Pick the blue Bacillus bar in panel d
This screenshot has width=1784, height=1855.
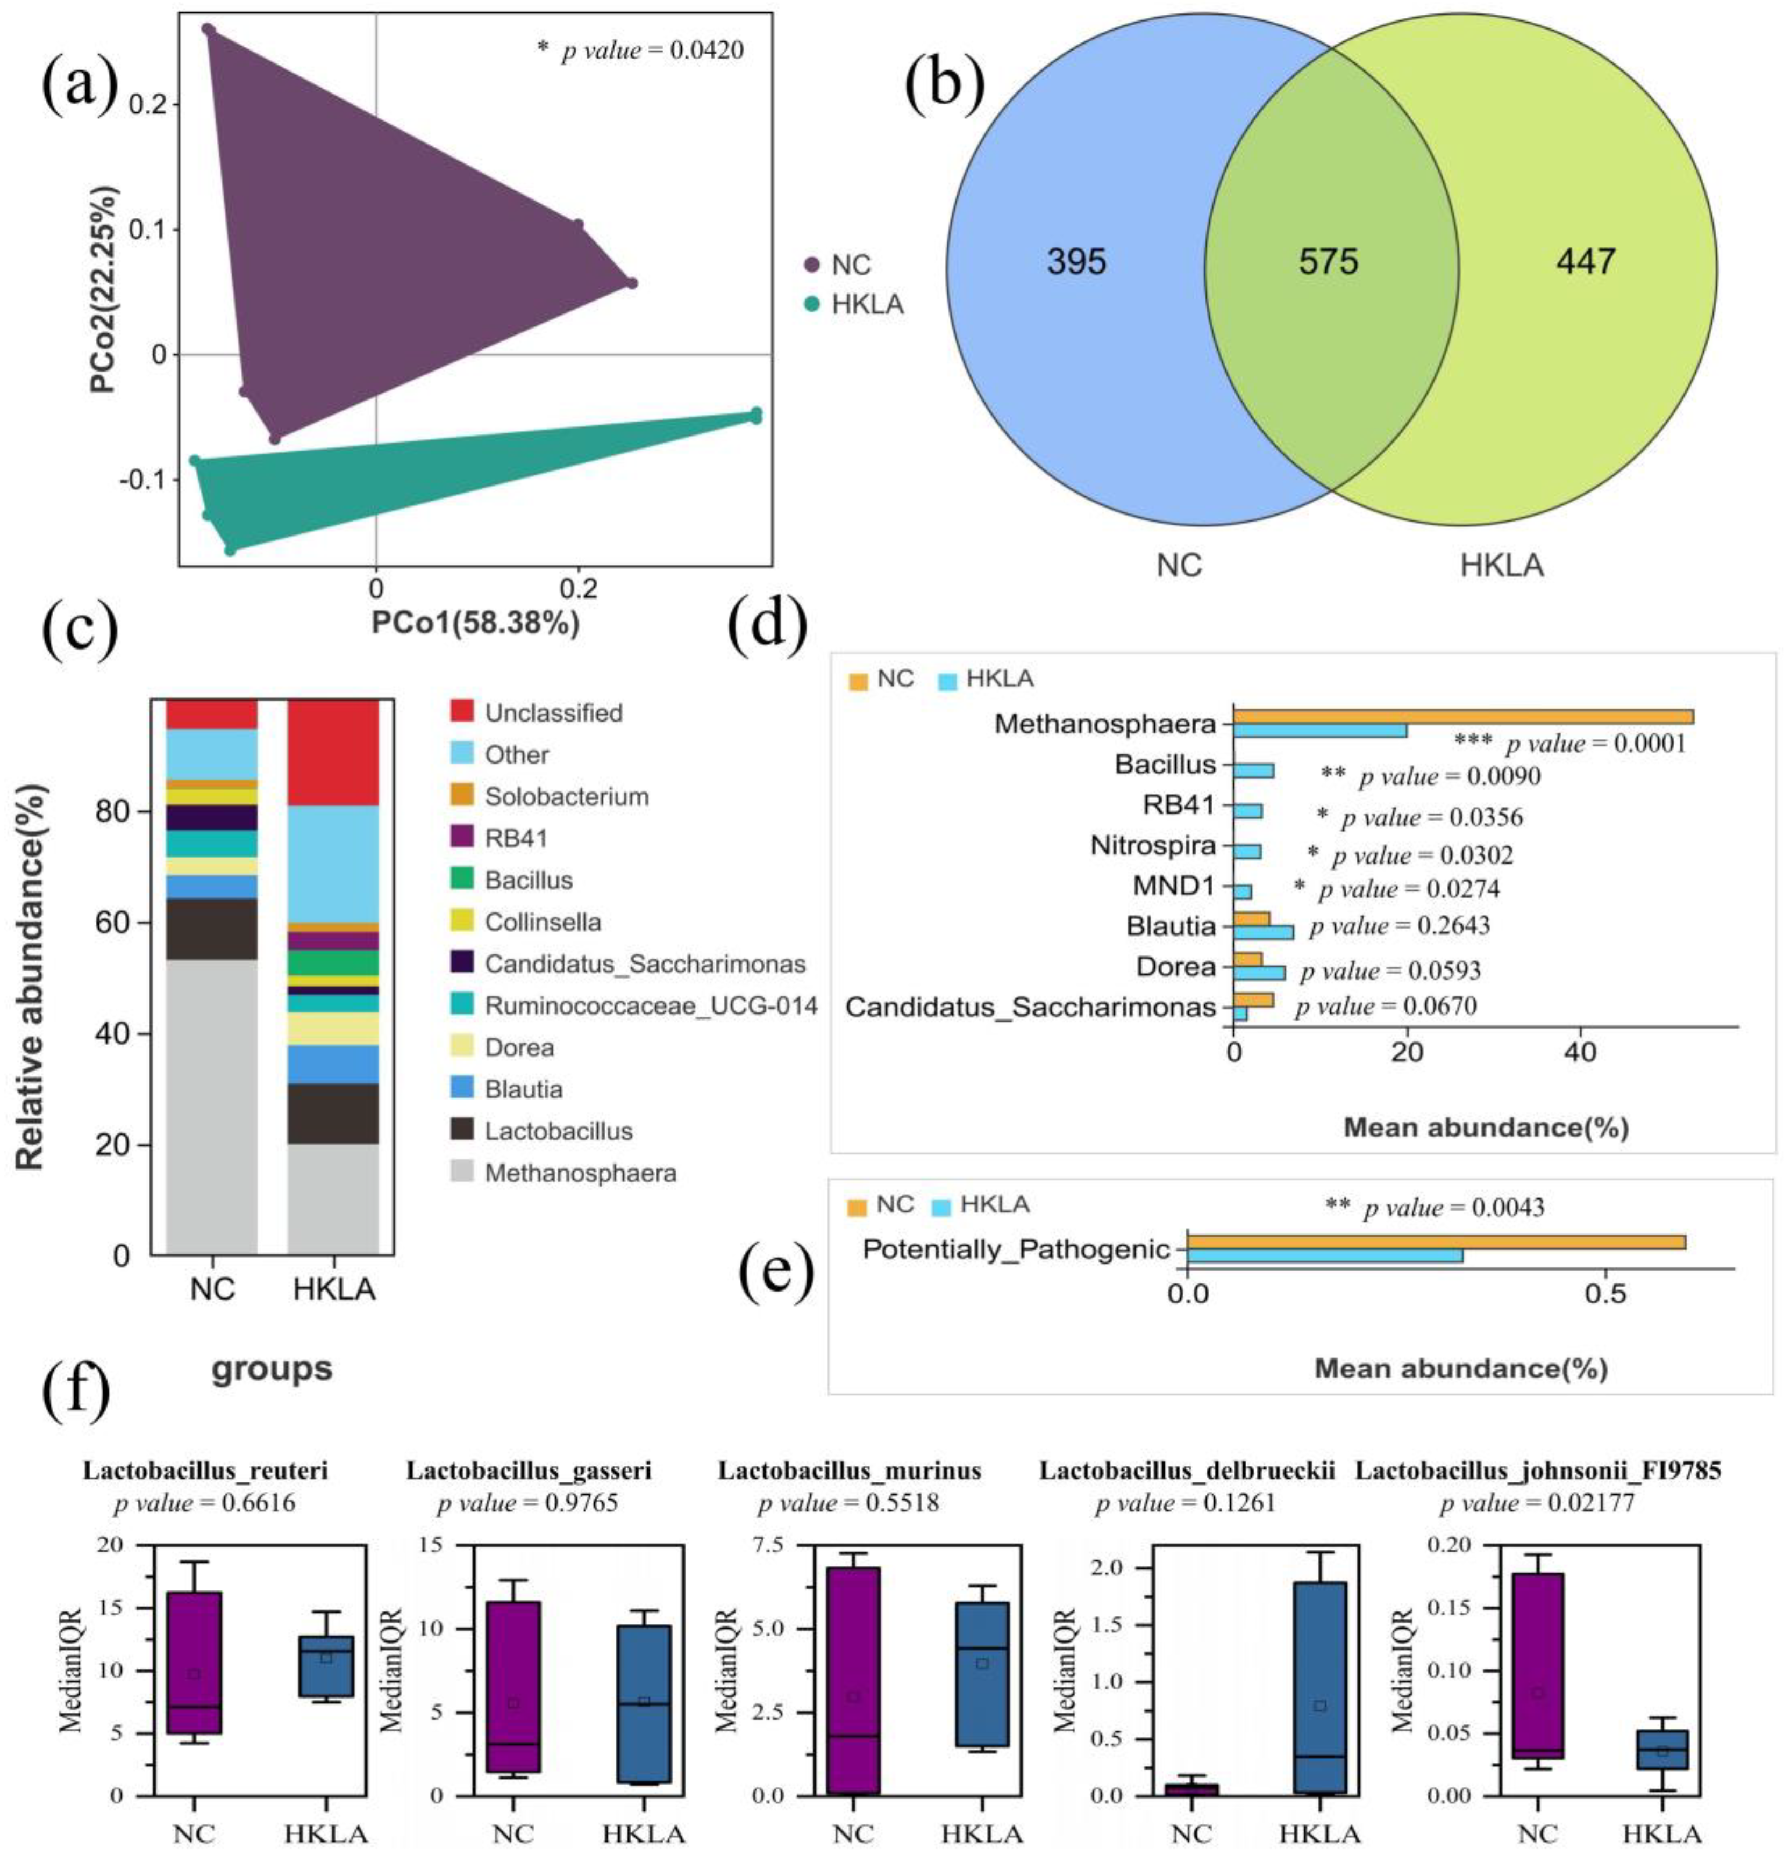[1253, 770]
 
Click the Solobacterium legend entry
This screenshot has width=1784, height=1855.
[566, 797]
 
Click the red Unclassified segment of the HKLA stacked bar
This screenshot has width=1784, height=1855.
[333, 752]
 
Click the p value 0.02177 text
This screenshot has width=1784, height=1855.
[1537, 1503]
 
